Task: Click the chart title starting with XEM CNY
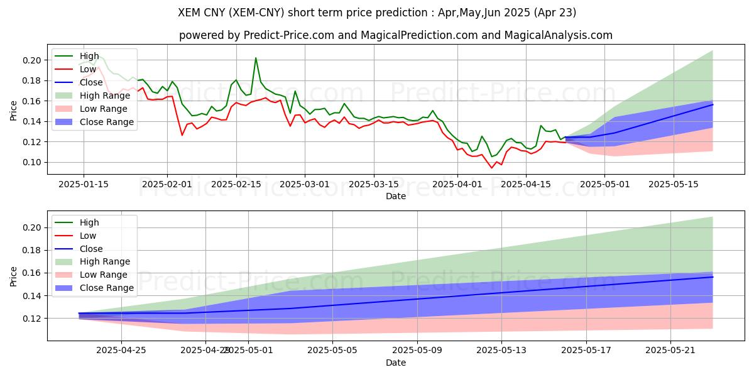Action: [377, 13]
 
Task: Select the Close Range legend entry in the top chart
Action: [106, 122]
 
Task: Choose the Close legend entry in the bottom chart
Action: [91, 249]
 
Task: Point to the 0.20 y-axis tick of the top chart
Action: [33, 60]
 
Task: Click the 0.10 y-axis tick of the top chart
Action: [33, 162]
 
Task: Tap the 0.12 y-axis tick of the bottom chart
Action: [33, 319]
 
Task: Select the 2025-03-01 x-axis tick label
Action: [305, 184]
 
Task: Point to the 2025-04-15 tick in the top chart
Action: [526, 184]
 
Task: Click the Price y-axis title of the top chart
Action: [14, 111]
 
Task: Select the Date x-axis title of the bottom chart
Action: [396, 363]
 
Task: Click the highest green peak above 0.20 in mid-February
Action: [256, 58]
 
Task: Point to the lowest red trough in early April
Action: [492, 168]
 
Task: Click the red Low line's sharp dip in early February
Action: [182, 135]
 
